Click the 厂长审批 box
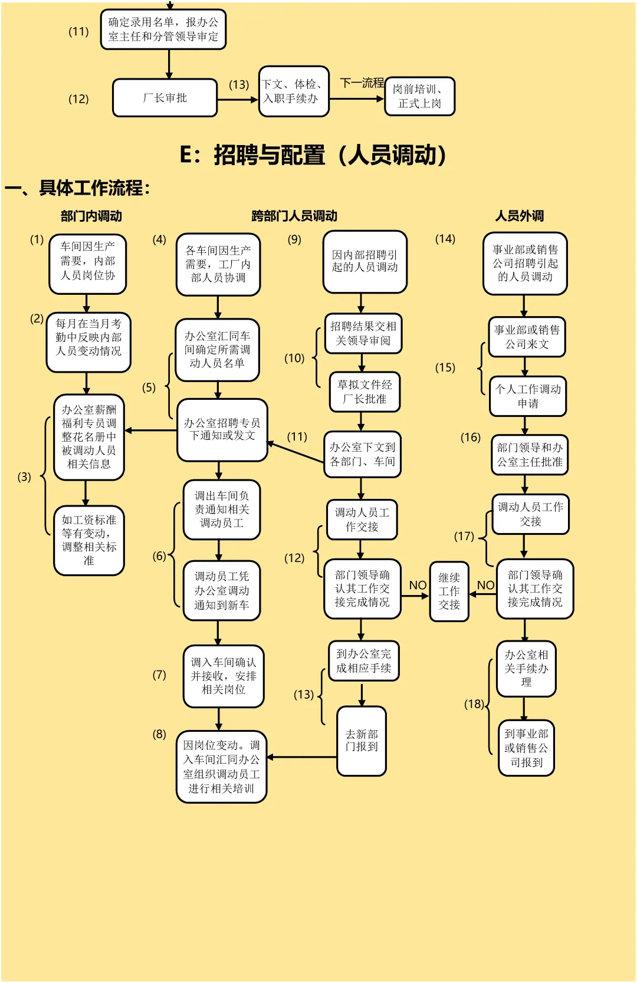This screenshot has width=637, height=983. (x=165, y=98)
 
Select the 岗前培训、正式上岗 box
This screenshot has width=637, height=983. (x=419, y=96)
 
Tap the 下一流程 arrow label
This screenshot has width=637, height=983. (x=362, y=83)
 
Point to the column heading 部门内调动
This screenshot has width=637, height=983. (x=91, y=216)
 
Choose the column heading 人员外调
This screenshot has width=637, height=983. (x=519, y=216)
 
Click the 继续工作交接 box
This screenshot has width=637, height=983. (x=449, y=591)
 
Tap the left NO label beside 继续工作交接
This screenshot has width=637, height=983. (x=418, y=585)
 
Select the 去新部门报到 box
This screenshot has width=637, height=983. (x=362, y=741)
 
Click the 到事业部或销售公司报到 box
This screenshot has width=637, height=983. (x=526, y=748)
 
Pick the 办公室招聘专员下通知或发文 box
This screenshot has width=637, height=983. (x=222, y=430)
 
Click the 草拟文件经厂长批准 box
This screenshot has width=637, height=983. (x=365, y=392)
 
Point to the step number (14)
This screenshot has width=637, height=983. (x=445, y=239)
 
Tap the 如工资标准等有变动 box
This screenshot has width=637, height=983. (x=89, y=540)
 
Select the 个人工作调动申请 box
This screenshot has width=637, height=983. (x=528, y=396)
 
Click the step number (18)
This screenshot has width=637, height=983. (x=474, y=704)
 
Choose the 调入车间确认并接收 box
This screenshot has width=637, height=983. (x=223, y=676)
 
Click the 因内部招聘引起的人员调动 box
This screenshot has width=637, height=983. (x=365, y=261)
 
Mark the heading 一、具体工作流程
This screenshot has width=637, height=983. (x=77, y=188)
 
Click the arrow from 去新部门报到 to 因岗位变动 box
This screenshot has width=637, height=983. (x=302, y=757)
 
